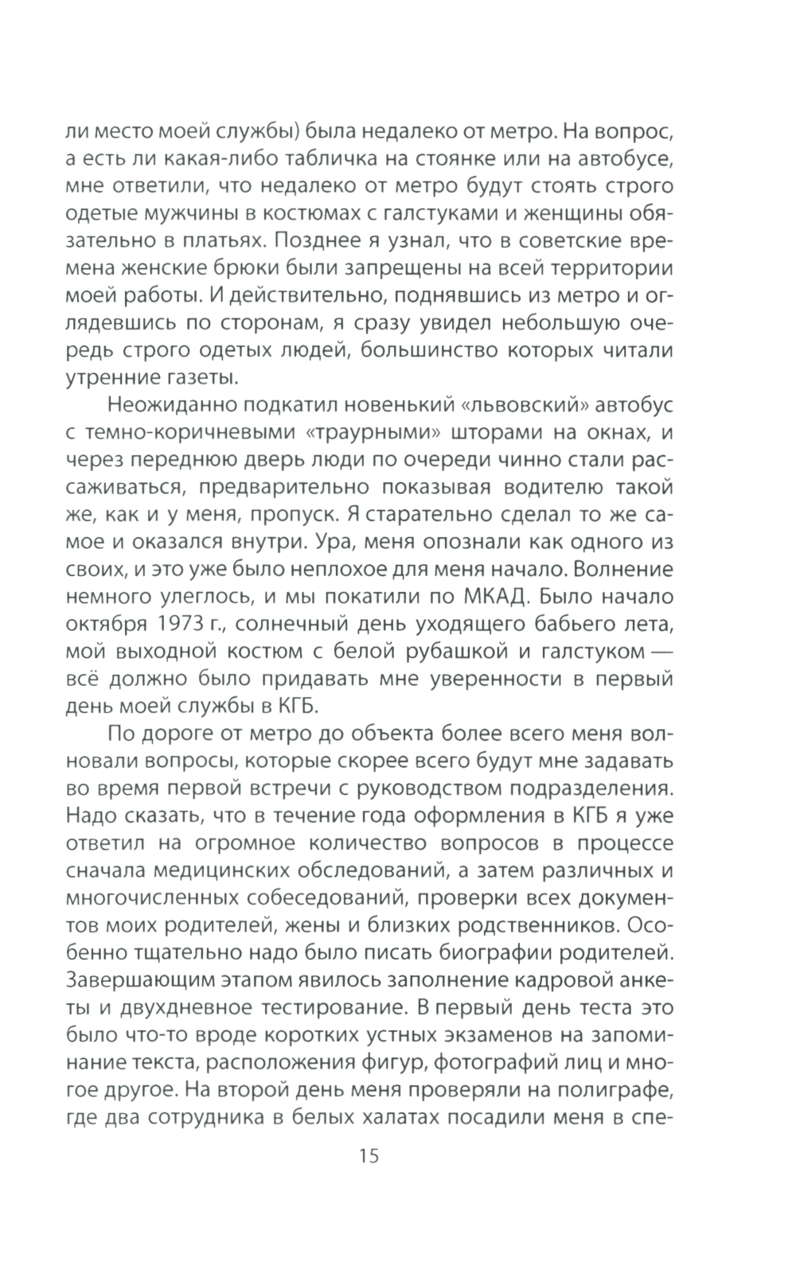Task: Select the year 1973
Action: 181,621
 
